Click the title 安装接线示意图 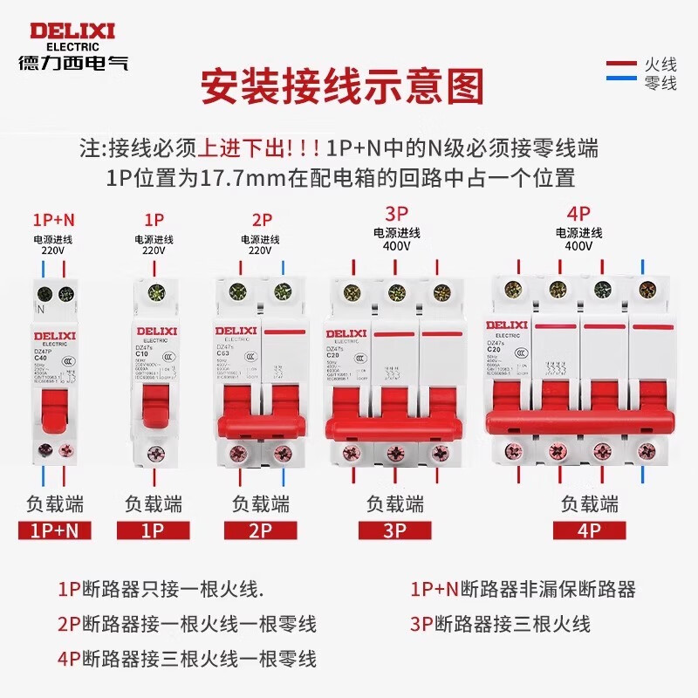click(342, 87)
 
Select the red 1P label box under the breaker click(154, 530)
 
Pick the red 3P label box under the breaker click(395, 530)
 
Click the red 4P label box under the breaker click(591, 530)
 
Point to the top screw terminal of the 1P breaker click(154, 293)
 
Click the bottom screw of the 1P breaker click(154, 453)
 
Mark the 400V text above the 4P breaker click(578, 247)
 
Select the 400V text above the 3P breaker click(397, 247)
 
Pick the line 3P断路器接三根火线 click(500, 624)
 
